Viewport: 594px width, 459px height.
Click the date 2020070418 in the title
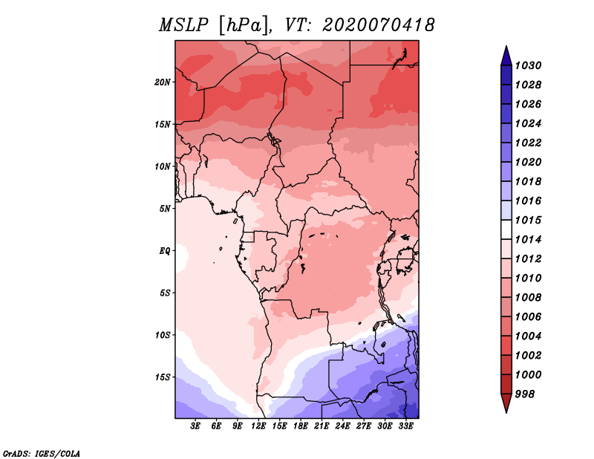(x=378, y=25)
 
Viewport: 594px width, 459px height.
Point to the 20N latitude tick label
(x=163, y=82)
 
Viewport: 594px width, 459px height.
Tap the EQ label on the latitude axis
(x=165, y=250)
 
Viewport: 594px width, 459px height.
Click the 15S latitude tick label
(x=163, y=377)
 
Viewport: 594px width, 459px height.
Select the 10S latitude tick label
(x=163, y=335)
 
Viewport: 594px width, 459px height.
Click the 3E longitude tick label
(x=196, y=426)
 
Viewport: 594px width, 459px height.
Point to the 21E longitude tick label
(x=322, y=426)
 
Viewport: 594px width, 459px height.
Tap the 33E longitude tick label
(x=406, y=426)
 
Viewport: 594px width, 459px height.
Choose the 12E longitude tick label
(x=259, y=426)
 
